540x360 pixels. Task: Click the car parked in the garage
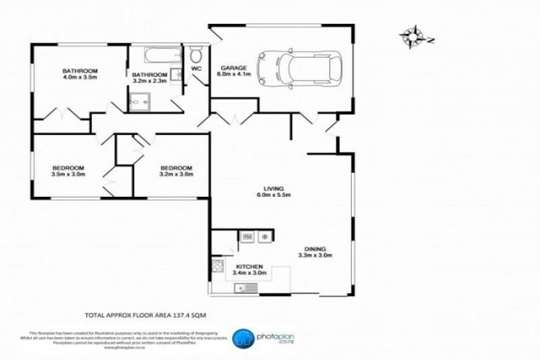click(x=300, y=68)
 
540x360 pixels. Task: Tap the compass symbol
click(x=412, y=35)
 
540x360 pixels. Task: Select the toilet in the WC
click(x=196, y=55)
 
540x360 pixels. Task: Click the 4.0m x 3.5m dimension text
click(x=79, y=79)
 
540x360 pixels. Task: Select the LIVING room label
click(x=274, y=188)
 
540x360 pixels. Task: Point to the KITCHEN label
click(x=249, y=267)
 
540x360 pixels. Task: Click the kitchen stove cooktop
click(x=217, y=266)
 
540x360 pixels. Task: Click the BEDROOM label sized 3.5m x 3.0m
click(x=68, y=167)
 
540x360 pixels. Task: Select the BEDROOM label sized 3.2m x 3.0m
click(x=176, y=167)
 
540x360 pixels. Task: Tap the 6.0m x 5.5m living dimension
click(x=274, y=195)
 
